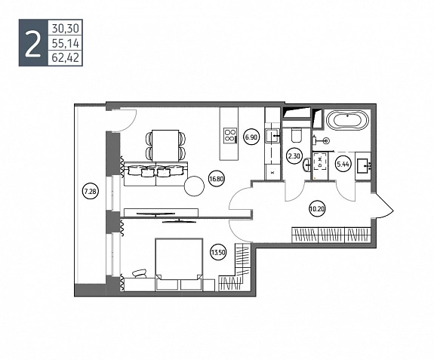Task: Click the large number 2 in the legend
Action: coord(32,43)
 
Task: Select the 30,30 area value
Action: coord(66,28)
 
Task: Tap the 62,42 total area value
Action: coord(66,58)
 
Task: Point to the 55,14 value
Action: coord(66,43)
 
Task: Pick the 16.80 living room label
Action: coord(217,178)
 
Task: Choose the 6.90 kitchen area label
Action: coord(251,137)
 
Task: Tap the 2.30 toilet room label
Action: coord(294,156)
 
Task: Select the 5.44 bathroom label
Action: coord(343,164)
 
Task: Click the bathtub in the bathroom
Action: coord(348,120)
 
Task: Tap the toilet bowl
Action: coord(296,135)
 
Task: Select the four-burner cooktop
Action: coord(230,136)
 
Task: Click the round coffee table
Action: coord(194,186)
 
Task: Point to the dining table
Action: coord(165,146)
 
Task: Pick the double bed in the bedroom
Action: coord(179,264)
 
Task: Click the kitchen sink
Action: coord(273,136)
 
